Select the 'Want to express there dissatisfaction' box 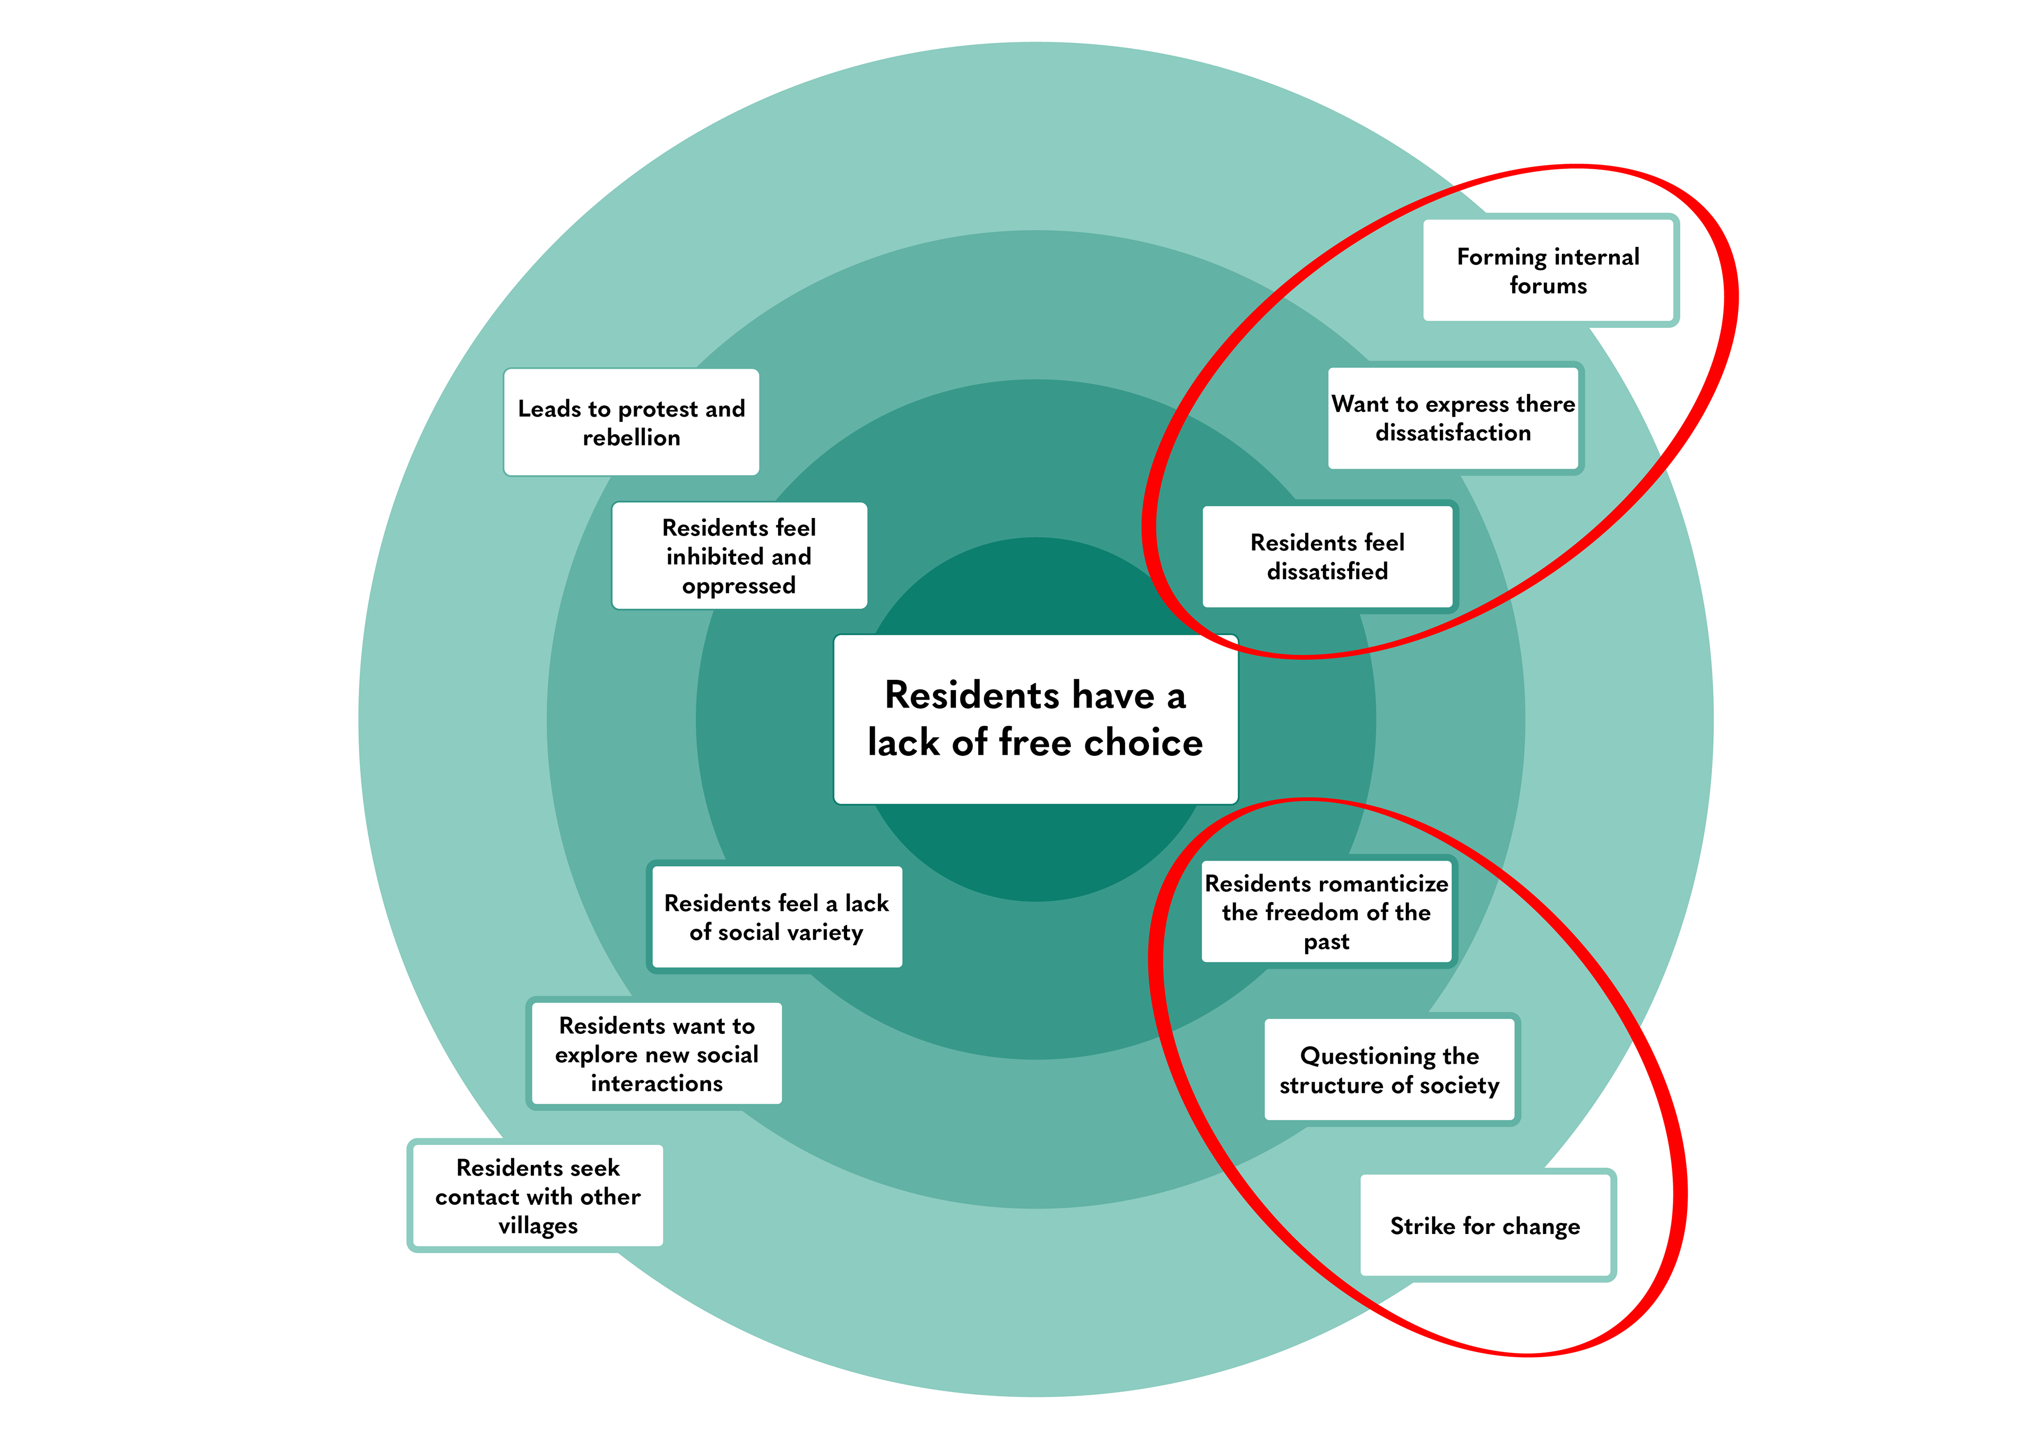click(x=1453, y=418)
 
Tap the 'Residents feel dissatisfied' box click(x=1327, y=557)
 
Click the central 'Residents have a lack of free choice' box click(x=1035, y=719)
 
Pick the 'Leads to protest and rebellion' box click(x=631, y=422)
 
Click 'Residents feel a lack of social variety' click(x=776, y=917)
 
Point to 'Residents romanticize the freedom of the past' click(x=1326, y=912)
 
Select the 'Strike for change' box click(x=1485, y=1226)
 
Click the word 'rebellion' click(x=631, y=438)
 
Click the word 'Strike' click(x=1422, y=1226)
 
